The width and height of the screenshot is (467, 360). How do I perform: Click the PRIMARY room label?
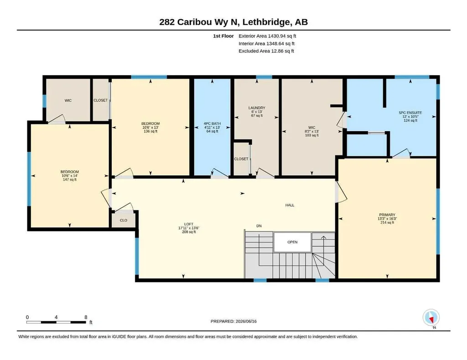click(x=387, y=215)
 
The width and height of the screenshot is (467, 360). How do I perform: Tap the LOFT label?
click(x=188, y=224)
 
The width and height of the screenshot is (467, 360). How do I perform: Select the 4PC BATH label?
click(x=212, y=123)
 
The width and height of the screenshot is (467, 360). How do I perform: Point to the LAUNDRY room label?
click(x=257, y=108)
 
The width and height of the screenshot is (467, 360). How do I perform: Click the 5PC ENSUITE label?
click(x=410, y=113)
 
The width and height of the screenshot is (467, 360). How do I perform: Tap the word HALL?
click(x=290, y=205)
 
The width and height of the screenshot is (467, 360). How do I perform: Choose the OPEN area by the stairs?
click(x=292, y=242)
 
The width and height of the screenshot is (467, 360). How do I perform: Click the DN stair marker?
click(x=259, y=226)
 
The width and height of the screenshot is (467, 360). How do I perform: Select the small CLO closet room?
click(x=124, y=221)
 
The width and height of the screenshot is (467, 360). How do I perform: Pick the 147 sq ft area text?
click(x=70, y=180)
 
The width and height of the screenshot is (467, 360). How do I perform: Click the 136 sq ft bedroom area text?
click(x=150, y=131)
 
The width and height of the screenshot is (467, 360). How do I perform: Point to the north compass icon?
click(x=431, y=318)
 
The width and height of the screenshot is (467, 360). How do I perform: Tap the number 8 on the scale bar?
click(x=86, y=317)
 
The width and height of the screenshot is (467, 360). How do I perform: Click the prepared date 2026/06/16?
click(x=246, y=321)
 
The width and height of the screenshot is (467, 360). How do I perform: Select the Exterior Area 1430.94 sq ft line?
click(x=267, y=36)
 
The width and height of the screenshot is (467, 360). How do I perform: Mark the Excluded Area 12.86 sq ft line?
click(x=266, y=51)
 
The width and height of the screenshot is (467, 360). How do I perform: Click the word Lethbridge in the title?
click(x=266, y=22)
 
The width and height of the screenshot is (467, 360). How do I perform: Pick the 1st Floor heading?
click(x=223, y=36)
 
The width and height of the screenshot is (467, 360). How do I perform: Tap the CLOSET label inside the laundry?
click(x=241, y=159)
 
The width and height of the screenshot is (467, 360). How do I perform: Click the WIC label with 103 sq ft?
click(x=312, y=127)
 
